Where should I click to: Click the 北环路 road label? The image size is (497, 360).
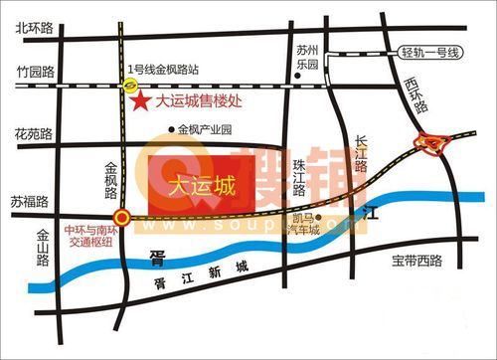pos(33,29)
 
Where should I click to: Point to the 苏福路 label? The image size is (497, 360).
pos(29,200)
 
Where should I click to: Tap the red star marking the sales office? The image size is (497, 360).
pos(142,101)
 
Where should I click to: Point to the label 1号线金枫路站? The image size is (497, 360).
pos(164,70)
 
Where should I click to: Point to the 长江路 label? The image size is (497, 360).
pos(365,157)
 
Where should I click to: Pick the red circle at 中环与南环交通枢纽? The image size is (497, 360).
pos(121,217)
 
